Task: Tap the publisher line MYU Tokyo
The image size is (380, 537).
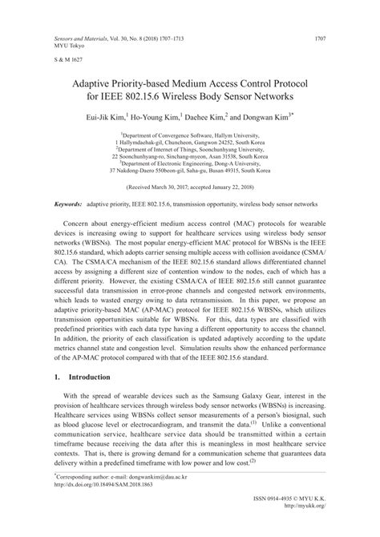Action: point(69,46)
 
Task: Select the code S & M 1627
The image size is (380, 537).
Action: point(70,61)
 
